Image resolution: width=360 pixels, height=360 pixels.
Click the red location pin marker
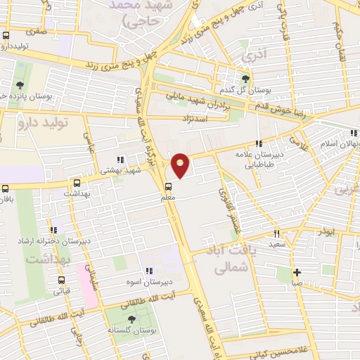(x=181, y=165)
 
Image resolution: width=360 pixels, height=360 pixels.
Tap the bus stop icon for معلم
(x=169, y=187)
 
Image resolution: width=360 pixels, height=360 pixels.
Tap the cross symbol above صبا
(x=297, y=272)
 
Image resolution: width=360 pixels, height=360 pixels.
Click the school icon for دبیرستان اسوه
(x=148, y=271)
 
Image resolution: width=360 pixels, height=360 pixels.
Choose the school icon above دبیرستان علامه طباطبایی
(x=259, y=143)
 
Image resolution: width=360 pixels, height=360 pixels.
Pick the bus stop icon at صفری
(x=6, y=35)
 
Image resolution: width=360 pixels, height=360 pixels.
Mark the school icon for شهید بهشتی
(x=120, y=159)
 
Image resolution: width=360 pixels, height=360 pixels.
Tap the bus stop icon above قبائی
(x=60, y=279)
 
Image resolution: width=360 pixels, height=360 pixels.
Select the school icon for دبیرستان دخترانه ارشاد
(x=53, y=230)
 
